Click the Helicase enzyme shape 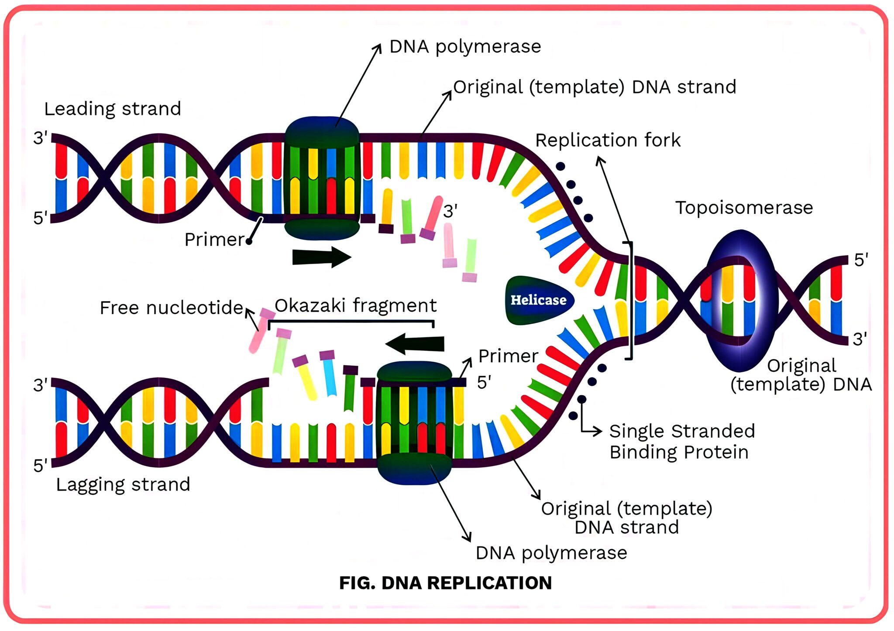(x=538, y=300)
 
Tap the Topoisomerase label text (x=744, y=208)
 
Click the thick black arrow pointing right (x=321, y=257)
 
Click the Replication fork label (x=608, y=141)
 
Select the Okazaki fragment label (x=355, y=305)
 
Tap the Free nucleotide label (x=171, y=308)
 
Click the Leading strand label (x=113, y=109)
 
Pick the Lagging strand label (x=123, y=484)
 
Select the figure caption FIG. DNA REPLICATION (x=445, y=583)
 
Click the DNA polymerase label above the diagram (x=465, y=47)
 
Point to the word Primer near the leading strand (x=214, y=240)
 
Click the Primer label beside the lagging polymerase (x=508, y=356)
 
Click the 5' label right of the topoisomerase (x=861, y=260)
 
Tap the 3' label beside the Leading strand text (x=40, y=138)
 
